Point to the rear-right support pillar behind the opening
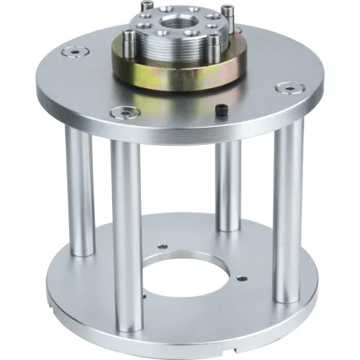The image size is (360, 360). tap(227, 185)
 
